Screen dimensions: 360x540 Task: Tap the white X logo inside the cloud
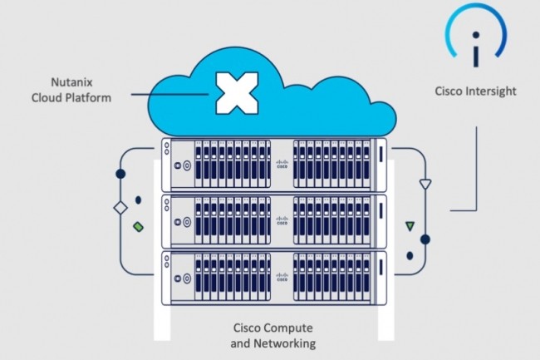coord(235,93)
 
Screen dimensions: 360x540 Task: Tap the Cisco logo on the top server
coord(282,164)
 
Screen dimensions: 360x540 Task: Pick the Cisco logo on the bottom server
coord(282,275)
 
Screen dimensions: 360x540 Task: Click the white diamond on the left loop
coord(119,205)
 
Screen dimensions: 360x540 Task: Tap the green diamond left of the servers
coord(138,224)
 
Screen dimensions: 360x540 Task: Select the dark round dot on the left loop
coord(120,175)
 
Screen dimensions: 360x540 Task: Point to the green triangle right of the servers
coord(409,225)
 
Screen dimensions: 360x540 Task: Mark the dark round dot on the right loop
coord(425,239)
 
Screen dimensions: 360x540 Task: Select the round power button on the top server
coord(186,165)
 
